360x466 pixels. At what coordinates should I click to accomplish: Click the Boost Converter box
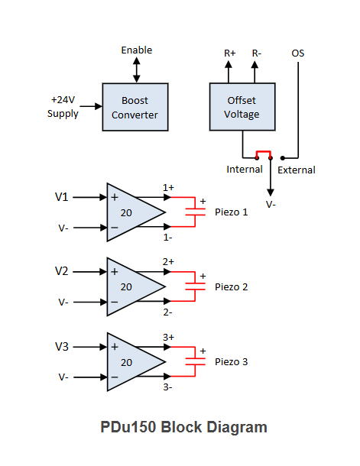[x=135, y=107]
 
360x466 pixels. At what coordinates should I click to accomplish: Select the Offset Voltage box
[x=242, y=107]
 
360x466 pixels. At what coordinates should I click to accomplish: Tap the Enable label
[x=137, y=50]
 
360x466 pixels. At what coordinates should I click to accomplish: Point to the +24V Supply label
[x=63, y=107]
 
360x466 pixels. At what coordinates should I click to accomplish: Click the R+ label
[x=230, y=53]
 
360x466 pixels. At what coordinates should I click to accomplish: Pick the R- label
[x=257, y=53]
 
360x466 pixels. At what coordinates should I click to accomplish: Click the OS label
[x=298, y=53]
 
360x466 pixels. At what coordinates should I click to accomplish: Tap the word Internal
[x=245, y=170]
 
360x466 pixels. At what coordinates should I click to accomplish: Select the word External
[x=297, y=170]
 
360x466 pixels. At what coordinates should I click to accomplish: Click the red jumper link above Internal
[x=264, y=151]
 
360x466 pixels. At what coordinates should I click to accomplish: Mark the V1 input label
[x=62, y=197]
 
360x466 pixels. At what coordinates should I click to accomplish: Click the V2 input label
[x=62, y=271]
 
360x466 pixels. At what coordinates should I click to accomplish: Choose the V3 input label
[x=62, y=347]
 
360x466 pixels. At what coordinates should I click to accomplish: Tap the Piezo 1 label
[x=232, y=212]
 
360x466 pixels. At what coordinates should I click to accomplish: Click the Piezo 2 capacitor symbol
[x=196, y=286]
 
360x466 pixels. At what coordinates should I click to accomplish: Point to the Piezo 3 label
[x=232, y=362]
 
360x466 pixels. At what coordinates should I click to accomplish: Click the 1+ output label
[x=168, y=187]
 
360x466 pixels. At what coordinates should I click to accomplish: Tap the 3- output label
[x=167, y=387]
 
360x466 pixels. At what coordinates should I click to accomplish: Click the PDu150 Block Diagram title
[x=183, y=427]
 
